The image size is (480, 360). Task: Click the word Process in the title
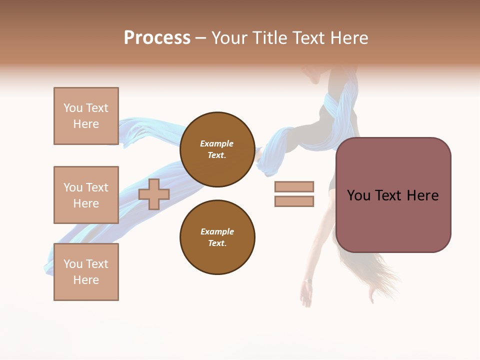pyautogui.click(x=157, y=38)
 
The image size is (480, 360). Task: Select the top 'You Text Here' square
pyautogui.click(x=86, y=116)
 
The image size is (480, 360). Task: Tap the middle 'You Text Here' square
pyautogui.click(x=86, y=195)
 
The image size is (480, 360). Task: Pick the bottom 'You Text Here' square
pyautogui.click(x=86, y=272)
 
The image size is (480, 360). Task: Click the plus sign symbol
pyautogui.click(x=154, y=194)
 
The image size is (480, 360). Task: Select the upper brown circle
pyautogui.click(x=217, y=149)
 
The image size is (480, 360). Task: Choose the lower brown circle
pyautogui.click(x=217, y=237)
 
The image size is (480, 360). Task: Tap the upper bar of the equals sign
pyautogui.click(x=294, y=187)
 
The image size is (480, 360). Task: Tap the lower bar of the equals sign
pyautogui.click(x=294, y=201)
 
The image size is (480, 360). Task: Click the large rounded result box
pyautogui.click(x=393, y=195)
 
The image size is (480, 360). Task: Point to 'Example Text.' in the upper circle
pyautogui.click(x=217, y=149)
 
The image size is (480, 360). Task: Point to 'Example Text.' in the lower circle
pyautogui.click(x=217, y=237)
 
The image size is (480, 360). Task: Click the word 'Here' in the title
pyautogui.click(x=348, y=38)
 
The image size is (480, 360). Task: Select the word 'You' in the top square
pyautogui.click(x=73, y=108)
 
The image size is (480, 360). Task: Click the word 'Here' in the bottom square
pyautogui.click(x=86, y=280)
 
